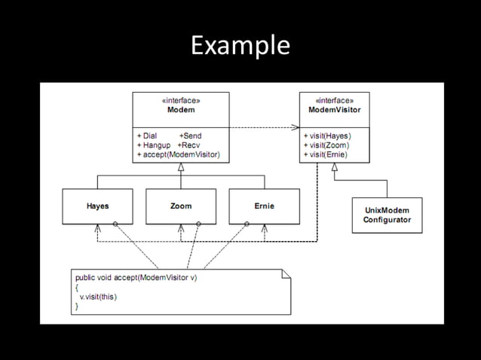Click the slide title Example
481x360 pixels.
tap(240, 46)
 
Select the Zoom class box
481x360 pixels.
tap(180, 206)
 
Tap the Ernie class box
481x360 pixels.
tap(265, 206)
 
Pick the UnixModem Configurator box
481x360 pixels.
tap(387, 215)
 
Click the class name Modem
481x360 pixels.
tap(180, 109)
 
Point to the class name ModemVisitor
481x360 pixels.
tap(334, 109)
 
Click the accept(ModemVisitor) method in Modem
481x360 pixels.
tap(178, 154)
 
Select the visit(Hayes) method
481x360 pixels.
tap(327, 136)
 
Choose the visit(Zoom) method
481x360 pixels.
tap(326, 145)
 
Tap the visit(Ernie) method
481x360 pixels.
tap(326, 154)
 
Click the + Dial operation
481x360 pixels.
tap(146, 136)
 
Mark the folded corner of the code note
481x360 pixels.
tap(286, 274)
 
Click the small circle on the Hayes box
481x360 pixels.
tap(115, 224)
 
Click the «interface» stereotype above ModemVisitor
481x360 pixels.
tap(334, 100)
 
